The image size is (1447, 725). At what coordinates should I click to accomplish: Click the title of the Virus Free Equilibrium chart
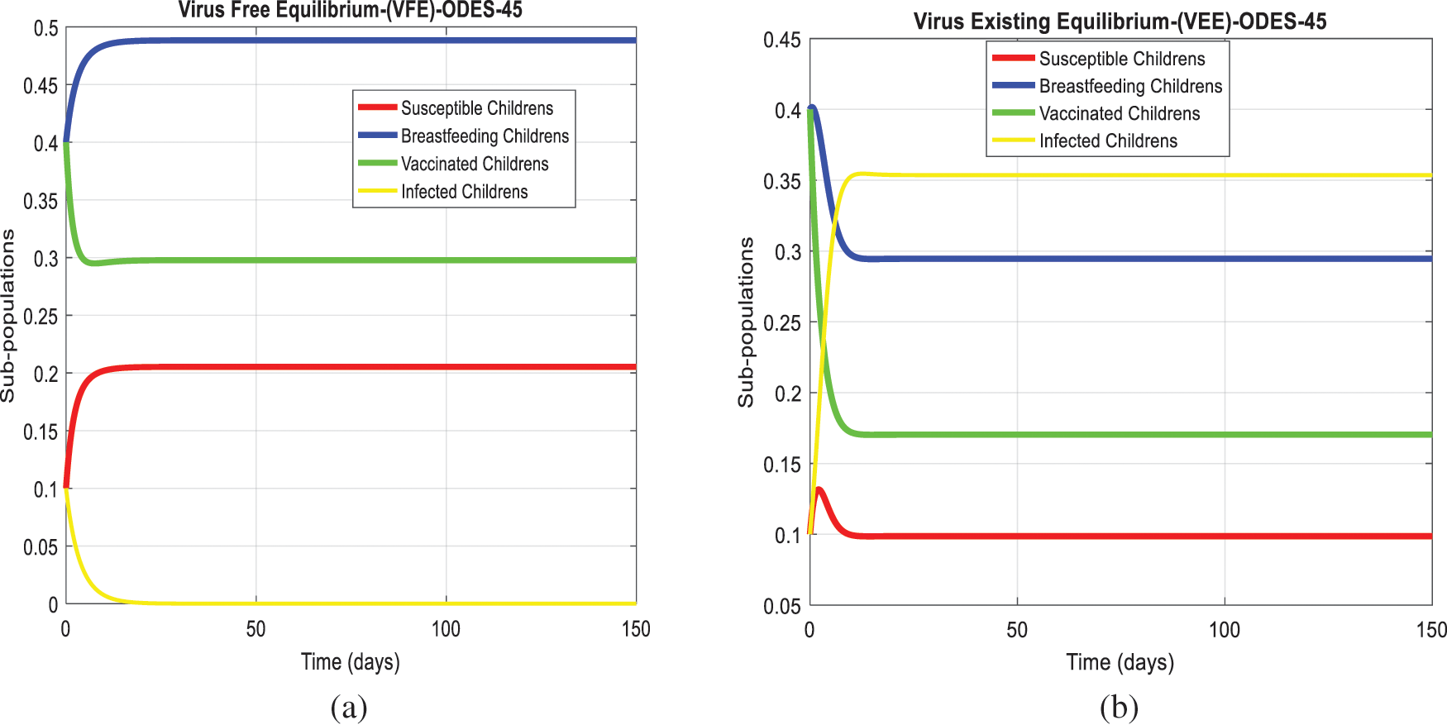[350, 11]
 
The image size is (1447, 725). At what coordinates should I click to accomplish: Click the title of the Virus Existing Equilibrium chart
[1120, 21]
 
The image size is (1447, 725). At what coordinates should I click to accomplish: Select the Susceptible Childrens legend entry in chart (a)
[476, 108]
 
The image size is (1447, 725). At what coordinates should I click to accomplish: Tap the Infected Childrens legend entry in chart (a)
[464, 192]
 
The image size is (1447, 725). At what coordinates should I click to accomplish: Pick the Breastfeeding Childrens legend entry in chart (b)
[1130, 86]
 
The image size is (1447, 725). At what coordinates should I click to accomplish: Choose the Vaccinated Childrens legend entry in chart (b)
[1119, 113]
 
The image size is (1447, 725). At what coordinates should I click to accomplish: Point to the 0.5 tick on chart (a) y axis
[45, 29]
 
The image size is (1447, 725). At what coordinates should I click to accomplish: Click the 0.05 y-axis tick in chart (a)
[41, 547]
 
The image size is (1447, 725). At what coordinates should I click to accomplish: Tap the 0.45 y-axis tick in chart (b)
[781, 40]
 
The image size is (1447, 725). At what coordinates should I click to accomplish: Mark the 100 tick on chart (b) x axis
[1224, 630]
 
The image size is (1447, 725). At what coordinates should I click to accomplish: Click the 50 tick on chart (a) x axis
[255, 629]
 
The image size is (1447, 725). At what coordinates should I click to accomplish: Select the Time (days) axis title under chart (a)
[350, 662]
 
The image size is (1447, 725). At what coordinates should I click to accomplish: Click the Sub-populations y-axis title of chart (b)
[746, 322]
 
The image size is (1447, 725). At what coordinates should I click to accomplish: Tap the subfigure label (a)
[348, 708]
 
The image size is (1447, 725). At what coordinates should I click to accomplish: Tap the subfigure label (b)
[1119, 708]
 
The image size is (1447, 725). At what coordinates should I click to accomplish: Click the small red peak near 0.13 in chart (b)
[819, 489]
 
